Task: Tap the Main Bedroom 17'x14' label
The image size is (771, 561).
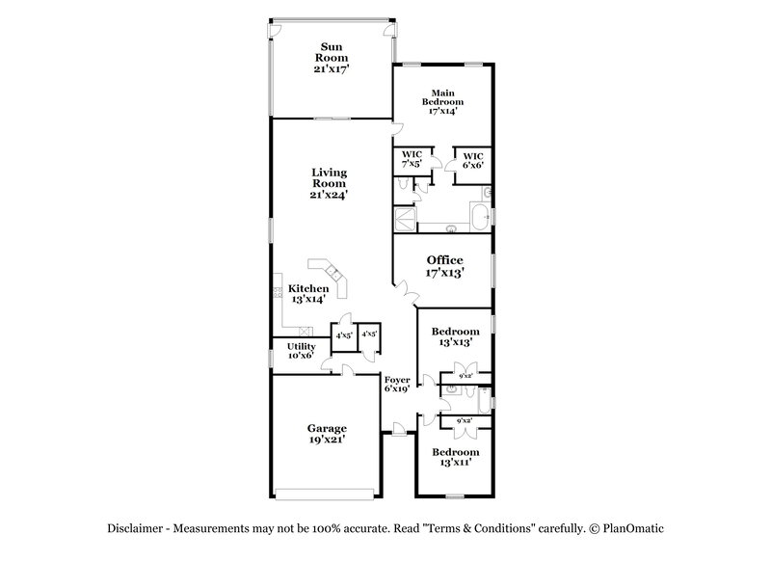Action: click(x=443, y=101)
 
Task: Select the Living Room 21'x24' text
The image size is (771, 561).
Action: click(x=329, y=183)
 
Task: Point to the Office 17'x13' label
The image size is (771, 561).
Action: click(x=444, y=266)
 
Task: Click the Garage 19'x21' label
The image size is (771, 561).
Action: click(x=327, y=433)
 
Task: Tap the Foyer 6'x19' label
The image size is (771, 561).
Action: click(x=397, y=385)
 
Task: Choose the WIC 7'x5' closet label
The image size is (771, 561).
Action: click(x=412, y=160)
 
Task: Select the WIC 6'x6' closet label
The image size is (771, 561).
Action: click(x=472, y=160)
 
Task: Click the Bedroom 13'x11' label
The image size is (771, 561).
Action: click(x=455, y=457)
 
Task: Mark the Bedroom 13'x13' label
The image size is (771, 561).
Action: click(x=455, y=336)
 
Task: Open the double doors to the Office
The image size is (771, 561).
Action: click(x=409, y=286)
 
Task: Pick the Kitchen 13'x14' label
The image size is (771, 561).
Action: click(x=308, y=293)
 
